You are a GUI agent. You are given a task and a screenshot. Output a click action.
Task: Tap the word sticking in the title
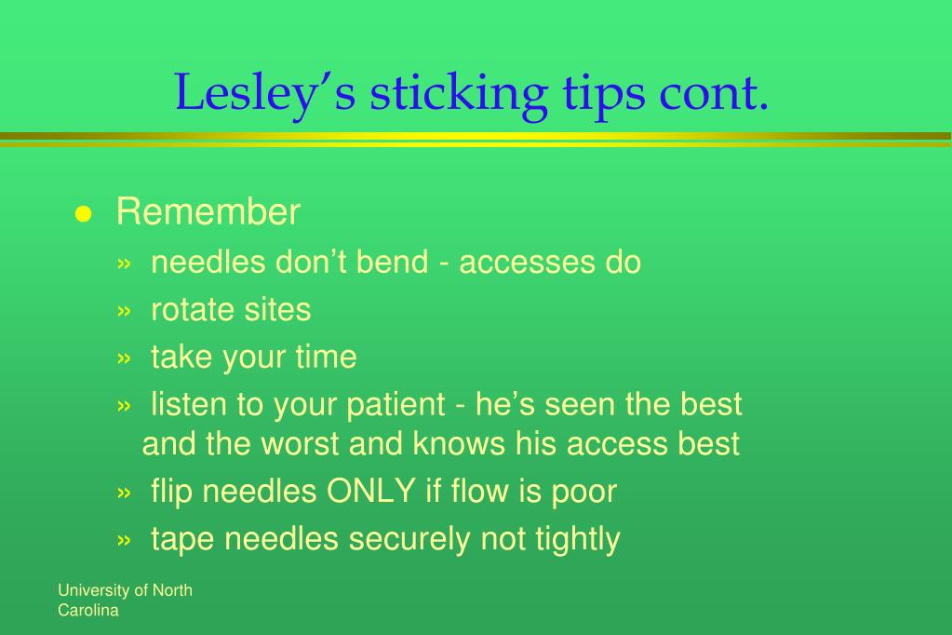point(459,93)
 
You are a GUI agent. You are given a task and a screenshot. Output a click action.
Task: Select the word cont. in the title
point(714,93)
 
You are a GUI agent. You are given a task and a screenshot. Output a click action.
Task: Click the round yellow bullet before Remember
point(83,214)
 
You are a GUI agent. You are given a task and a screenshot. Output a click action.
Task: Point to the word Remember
point(208,211)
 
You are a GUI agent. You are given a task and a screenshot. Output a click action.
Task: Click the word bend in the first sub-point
point(392,262)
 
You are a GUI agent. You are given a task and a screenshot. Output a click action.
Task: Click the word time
point(326,356)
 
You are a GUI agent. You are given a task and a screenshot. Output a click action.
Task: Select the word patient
point(396,405)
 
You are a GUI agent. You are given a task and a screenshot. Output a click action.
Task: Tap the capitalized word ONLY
point(371,491)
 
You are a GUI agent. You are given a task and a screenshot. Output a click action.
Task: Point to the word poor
point(584,492)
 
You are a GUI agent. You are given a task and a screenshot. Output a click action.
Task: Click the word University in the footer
point(94,590)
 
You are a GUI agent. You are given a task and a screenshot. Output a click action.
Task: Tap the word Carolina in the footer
point(88,610)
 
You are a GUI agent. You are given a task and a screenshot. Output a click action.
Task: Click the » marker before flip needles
point(124,493)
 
